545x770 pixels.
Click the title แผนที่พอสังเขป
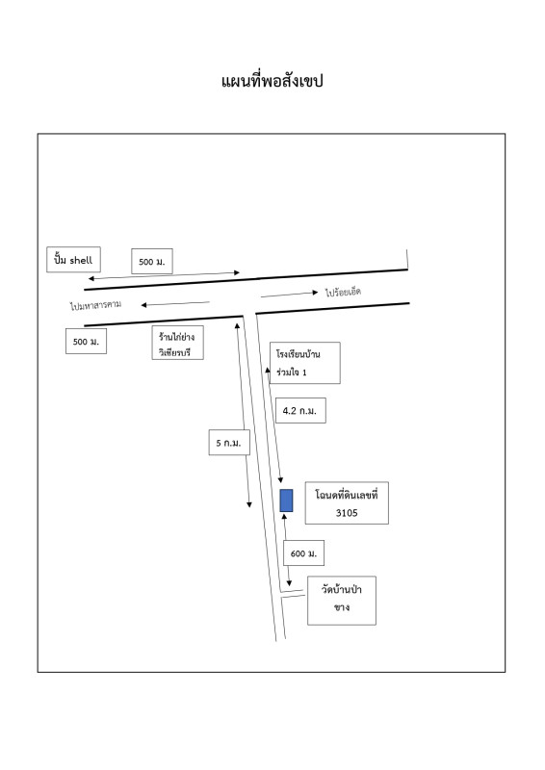(x=272, y=81)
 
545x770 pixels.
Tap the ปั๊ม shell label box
(x=74, y=259)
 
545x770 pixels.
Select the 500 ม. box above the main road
(x=152, y=261)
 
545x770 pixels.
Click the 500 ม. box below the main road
(x=86, y=342)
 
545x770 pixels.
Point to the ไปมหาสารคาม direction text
(x=95, y=305)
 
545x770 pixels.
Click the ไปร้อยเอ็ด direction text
(x=343, y=293)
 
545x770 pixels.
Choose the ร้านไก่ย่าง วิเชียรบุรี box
(x=177, y=343)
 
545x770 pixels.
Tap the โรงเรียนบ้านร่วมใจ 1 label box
(x=304, y=363)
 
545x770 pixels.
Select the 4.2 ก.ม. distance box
(x=300, y=411)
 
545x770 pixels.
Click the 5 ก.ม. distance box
(x=229, y=443)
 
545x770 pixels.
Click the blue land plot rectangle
(x=287, y=500)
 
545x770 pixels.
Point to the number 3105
(x=347, y=513)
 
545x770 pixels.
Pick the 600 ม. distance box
(x=303, y=553)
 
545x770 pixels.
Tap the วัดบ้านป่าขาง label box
(x=342, y=601)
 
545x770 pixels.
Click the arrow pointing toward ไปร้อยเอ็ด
(x=290, y=295)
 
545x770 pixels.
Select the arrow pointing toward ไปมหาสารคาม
(x=175, y=304)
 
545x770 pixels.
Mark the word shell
(x=81, y=260)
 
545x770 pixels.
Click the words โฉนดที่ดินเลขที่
(x=347, y=495)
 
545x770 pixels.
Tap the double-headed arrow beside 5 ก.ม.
(x=244, y=415)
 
